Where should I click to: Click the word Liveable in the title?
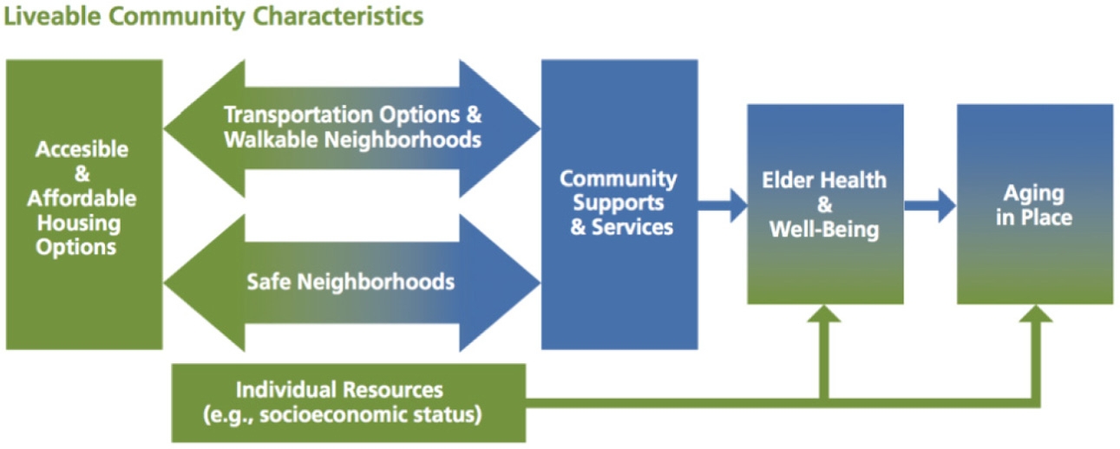pyautogui.click(x=52, y=16)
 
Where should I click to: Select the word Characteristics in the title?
pyautogui.click(x=338, y=16)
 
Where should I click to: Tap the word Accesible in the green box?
pyautogui.click(x=82, y=149)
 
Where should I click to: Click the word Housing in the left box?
pyautogui.click(x=79, y=223)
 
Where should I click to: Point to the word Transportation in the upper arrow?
pyautogui.click(x=299, y=115)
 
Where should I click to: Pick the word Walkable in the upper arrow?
pyautogui.click(x=271, y=140)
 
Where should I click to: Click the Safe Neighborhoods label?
pyautogui.click(x=350, y=282)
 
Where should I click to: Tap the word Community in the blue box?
pyautogui.click(x=619, y=179)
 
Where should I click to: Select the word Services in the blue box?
pyautogui.click(x=632, y=227)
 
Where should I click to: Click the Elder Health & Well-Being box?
pyautogui.click(x=826, y=205)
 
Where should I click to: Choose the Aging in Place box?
pyautogui.click(x=1035, y=205)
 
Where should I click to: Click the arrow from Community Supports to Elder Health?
pyautogui.click(x=723, y=205)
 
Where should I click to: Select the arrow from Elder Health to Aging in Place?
pyautogui.click(x=930, y=205)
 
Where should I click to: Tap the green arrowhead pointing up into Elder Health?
pyautogui.click(x=824, y=314)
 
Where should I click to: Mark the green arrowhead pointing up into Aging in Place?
pyautogui.click(x=1036, y=314)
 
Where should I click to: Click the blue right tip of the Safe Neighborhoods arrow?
pyautogui.click(x=540, y=283)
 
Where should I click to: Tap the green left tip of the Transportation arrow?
pyautogui.click(x=165, y=129)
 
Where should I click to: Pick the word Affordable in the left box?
pyautogui.click(x=82, y=198)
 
